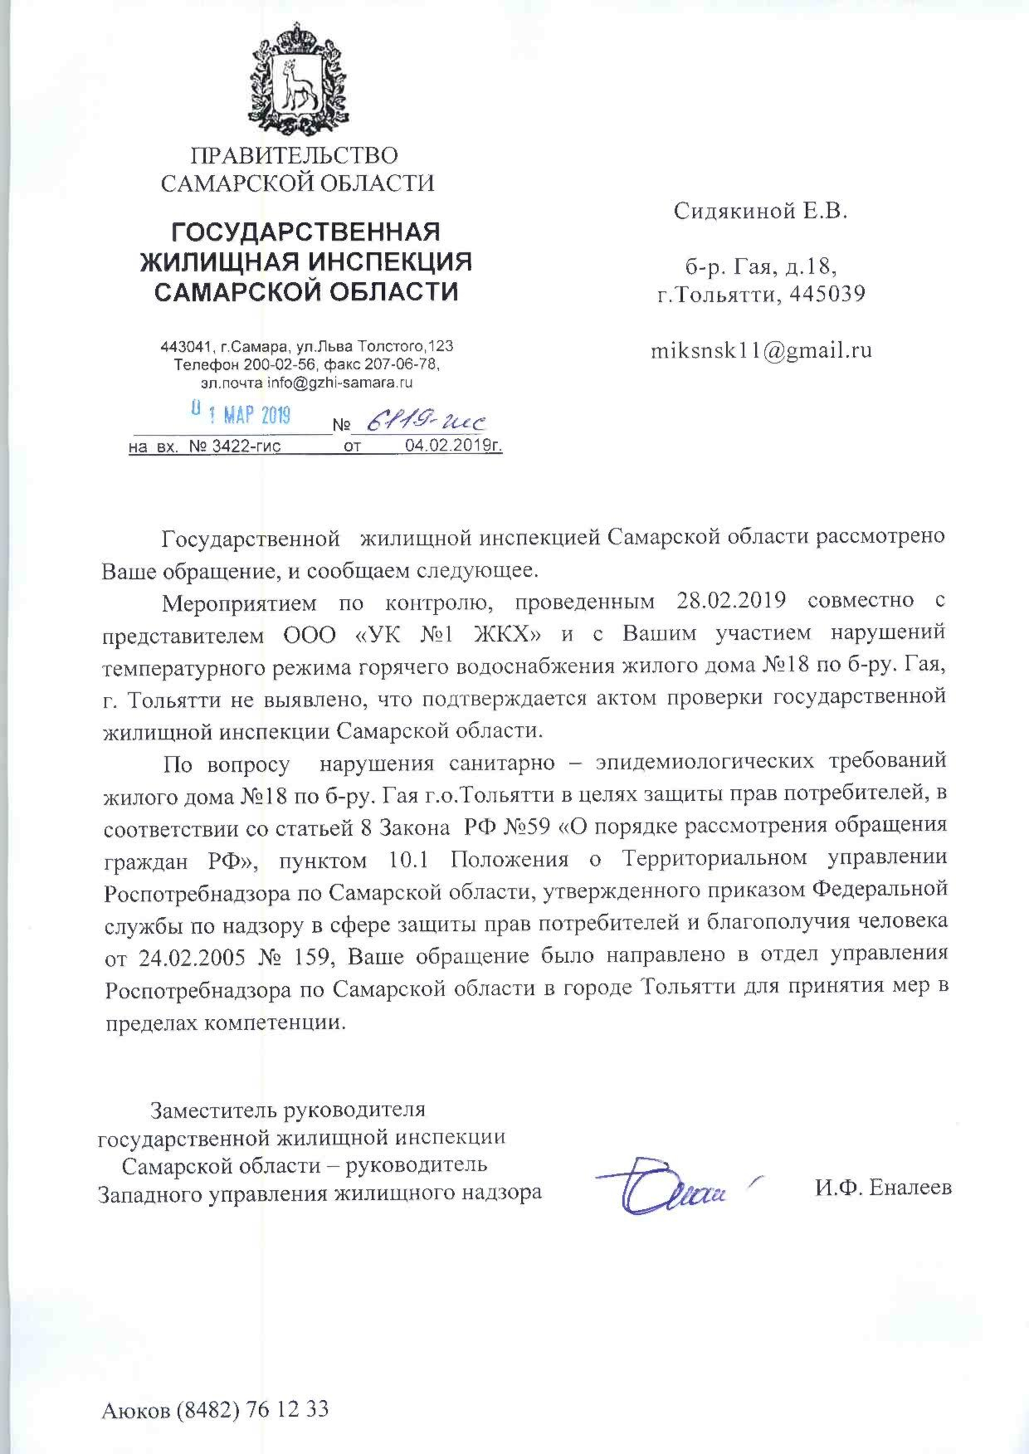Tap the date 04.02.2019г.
453,446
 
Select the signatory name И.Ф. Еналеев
883,1188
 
